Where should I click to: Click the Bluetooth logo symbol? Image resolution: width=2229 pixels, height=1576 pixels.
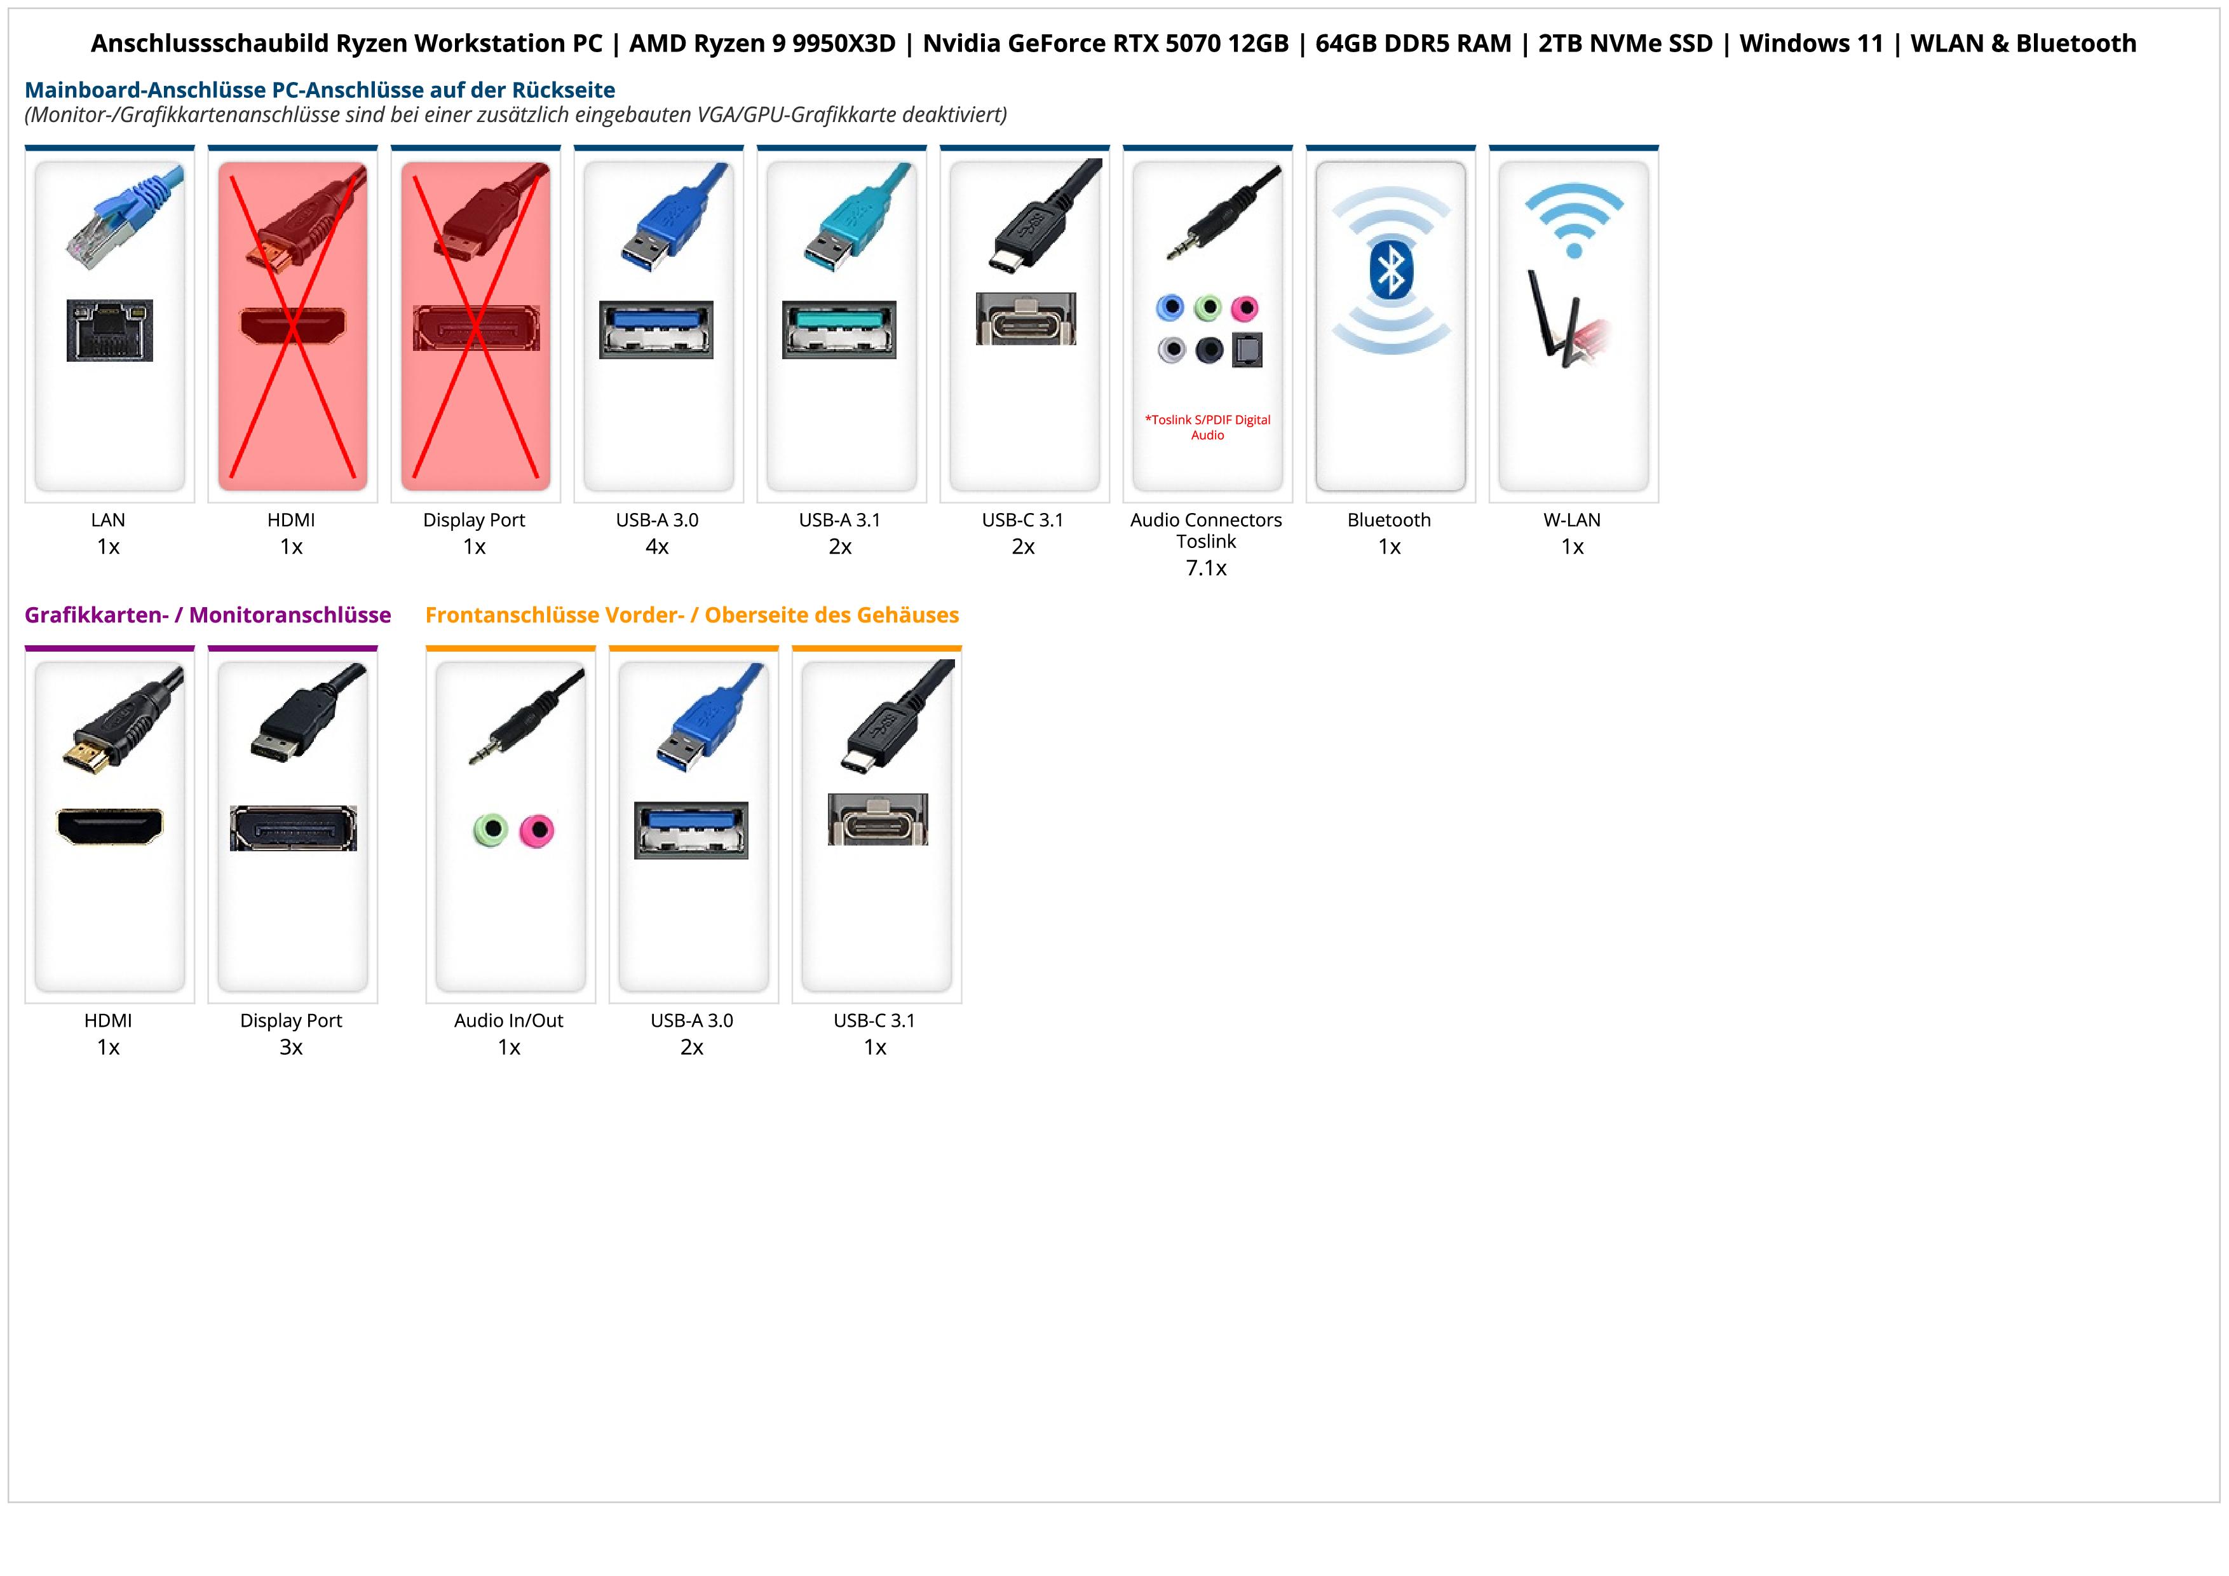(1390, 271)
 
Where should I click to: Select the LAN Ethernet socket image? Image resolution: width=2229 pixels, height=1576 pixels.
(110, 330)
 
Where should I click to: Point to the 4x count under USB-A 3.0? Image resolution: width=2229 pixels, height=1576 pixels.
(657, 547)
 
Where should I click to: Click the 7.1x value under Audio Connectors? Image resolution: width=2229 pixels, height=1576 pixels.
(1206, 568)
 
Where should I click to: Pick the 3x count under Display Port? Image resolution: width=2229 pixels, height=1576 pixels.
(291, 1047)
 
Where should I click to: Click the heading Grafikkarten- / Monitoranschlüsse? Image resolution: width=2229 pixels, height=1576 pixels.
(208, 615)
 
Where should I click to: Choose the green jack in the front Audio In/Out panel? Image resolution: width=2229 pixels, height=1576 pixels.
(491, 830)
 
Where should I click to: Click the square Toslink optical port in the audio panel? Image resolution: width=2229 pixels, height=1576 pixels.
(1247, 350)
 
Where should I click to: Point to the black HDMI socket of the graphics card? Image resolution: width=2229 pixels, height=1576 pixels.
(110, 826)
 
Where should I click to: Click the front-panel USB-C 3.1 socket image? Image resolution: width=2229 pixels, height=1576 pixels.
(877, 819)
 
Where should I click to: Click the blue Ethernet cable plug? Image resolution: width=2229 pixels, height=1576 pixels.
(126, 219)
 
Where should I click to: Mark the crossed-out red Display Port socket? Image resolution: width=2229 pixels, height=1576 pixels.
(476, 328)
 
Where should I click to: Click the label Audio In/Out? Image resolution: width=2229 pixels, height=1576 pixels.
(509, 1020)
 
